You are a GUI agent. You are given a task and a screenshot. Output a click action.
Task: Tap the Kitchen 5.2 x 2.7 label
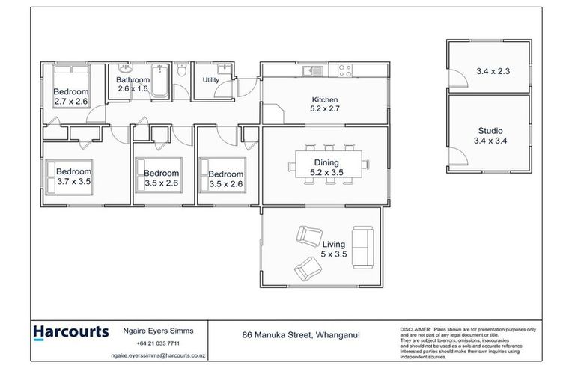click(x=325, y=105)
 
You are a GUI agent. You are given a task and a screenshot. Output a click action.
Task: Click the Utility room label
click(x=210, y=79)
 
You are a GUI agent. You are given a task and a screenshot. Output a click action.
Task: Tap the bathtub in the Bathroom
click(x=161, y=76)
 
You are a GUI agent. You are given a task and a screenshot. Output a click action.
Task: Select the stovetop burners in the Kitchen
click(x=345, y=71)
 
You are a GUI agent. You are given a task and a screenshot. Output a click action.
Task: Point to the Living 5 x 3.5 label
click(x=333, y=250)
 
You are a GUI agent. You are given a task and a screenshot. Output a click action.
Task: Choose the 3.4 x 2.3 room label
click(x=492, y=72)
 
